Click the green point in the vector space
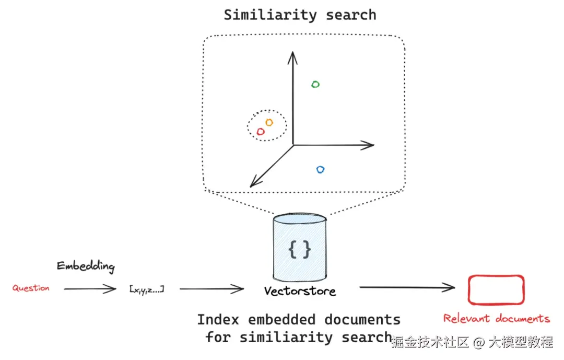315,84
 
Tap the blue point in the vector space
321,169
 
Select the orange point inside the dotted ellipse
269,122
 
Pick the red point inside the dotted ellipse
261,132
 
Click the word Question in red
31,288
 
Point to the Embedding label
86,266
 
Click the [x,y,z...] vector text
146,288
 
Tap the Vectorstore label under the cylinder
300,291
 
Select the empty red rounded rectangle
496,289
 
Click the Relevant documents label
496,318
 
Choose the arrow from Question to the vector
90,288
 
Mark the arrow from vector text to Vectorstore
211,288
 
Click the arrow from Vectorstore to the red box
407,287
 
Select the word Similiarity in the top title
268,15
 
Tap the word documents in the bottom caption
362,319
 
